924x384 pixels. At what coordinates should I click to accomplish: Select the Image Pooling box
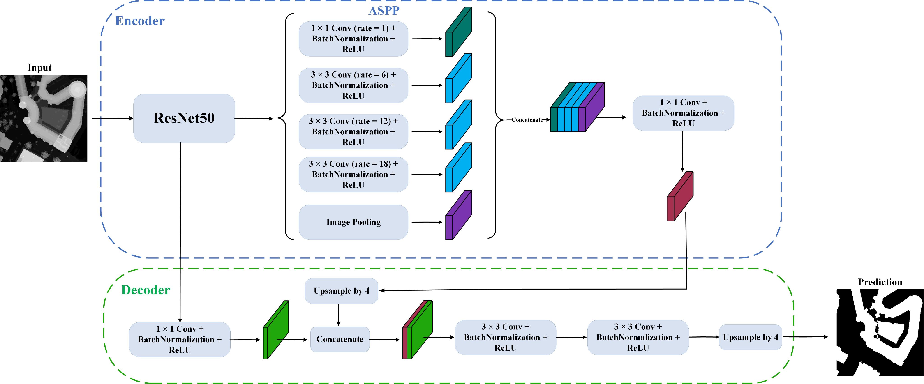(x=353, y=222)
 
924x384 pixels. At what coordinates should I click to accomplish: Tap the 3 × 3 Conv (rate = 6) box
(x=353, y=85)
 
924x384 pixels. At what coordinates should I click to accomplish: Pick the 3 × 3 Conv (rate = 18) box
(x=353, y=174)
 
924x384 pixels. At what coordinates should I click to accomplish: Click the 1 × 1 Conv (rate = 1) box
(x=353, y=39)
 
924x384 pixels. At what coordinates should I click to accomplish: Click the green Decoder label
(x=146, y=290)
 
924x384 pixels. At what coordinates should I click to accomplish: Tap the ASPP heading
(x=384, y=11)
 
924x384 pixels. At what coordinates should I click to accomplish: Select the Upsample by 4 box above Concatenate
(x=341, y=291)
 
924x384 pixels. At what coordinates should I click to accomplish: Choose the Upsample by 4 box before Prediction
(x=750, y=337)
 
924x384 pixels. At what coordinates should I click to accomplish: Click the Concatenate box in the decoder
(x=340, y=339)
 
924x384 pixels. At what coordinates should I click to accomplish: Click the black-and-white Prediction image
(x=880, y=332)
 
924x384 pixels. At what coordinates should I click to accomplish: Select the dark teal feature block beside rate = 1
(x=458, y=32)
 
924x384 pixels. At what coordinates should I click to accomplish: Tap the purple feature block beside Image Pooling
(x=458, y=215)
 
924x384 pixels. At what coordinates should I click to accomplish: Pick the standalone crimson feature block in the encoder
(x=679, y=196)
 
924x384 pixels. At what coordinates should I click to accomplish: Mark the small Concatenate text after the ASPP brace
(x=527, y=120)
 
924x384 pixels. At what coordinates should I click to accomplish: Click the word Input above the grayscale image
(x=39, y=68)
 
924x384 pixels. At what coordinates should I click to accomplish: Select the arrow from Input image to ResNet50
(x=112, y=118)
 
